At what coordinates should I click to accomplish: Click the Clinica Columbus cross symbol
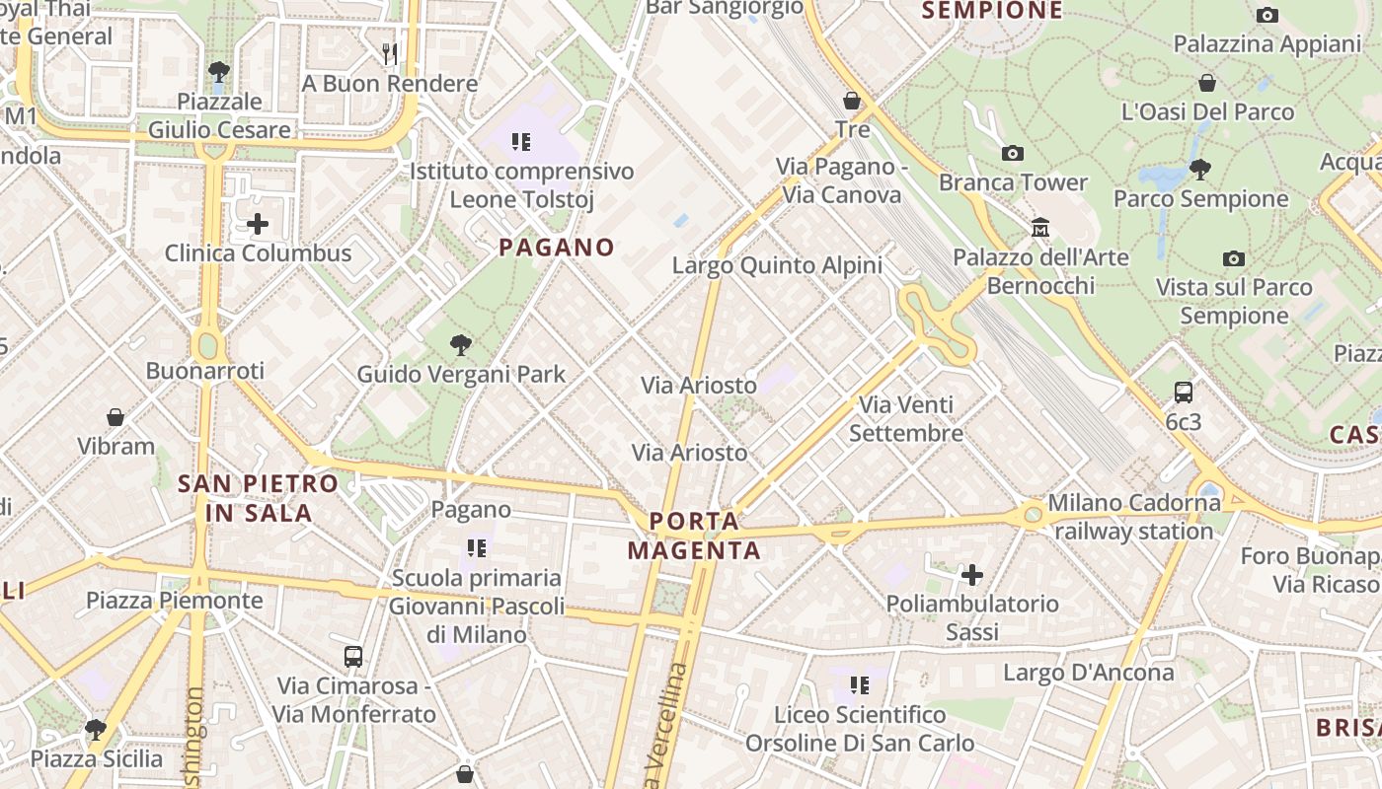point(258,224)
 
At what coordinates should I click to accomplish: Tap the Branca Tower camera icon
point(1012,153)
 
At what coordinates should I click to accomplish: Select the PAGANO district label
point(557,248)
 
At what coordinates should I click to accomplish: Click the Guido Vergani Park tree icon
point(460,344)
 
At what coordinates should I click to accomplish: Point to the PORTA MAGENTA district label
point(694,536)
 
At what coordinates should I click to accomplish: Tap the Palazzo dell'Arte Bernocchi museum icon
point(1039,228)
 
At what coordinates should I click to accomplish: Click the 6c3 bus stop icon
point(1184,392)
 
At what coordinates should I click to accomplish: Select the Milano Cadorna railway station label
point(1134,517)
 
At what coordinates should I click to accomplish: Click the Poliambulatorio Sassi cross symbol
point(972,574)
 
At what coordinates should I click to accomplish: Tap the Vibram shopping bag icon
point(115,417)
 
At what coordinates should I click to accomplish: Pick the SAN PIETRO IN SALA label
point(258,498)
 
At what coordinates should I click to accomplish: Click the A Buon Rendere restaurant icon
point(390,53)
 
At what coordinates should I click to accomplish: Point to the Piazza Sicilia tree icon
point(96,730)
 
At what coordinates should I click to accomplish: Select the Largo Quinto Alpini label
point(777,265)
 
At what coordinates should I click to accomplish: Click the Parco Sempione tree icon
point(1200,170)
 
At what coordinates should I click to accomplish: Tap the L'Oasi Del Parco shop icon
point(1206,83)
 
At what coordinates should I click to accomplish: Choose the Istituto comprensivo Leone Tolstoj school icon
point(521,142)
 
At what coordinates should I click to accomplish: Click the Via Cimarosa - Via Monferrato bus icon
point(353,656)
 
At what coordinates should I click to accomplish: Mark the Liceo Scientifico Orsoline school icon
point(860,684)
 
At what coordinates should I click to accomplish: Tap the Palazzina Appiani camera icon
point(1267,15)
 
